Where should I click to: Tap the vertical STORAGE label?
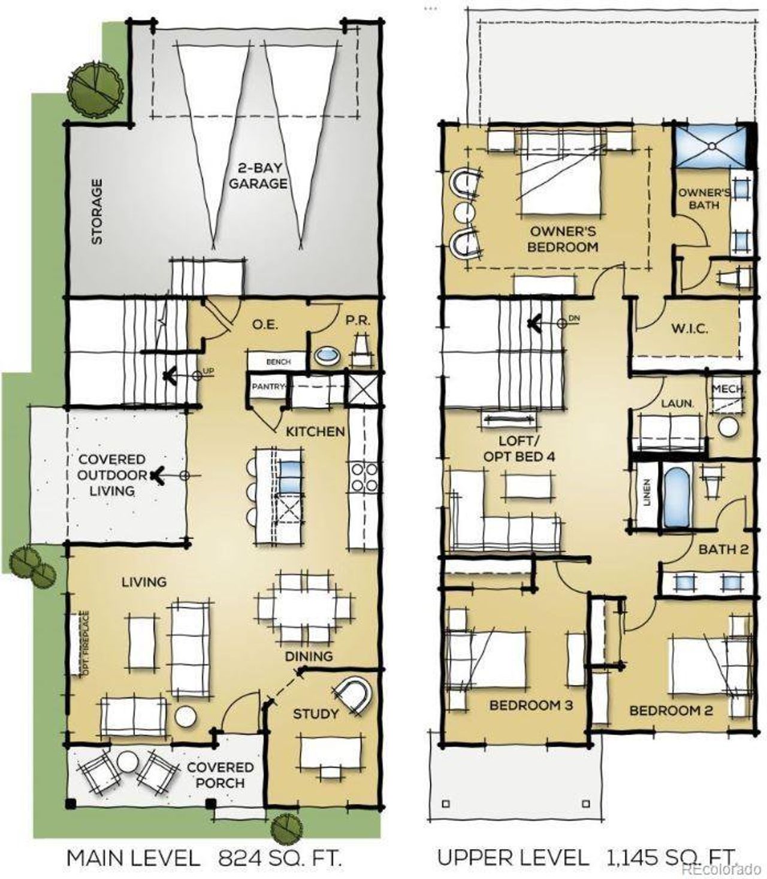click(96, 211)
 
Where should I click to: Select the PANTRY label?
click(267, 387)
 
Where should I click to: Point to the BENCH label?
click(278, 362)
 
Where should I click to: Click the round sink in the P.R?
click(327, 355)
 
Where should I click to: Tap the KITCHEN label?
click(315, 431)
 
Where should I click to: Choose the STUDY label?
click(315, 714)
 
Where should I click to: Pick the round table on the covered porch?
click(127, 762)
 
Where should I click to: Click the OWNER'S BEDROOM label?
click(563, 238)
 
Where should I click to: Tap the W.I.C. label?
click(690, 329)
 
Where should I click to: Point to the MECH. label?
click(729, 389)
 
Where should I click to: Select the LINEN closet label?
click(647, 493)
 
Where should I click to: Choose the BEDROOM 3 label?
click(531, 705)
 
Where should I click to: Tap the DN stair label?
click(574, 319)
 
